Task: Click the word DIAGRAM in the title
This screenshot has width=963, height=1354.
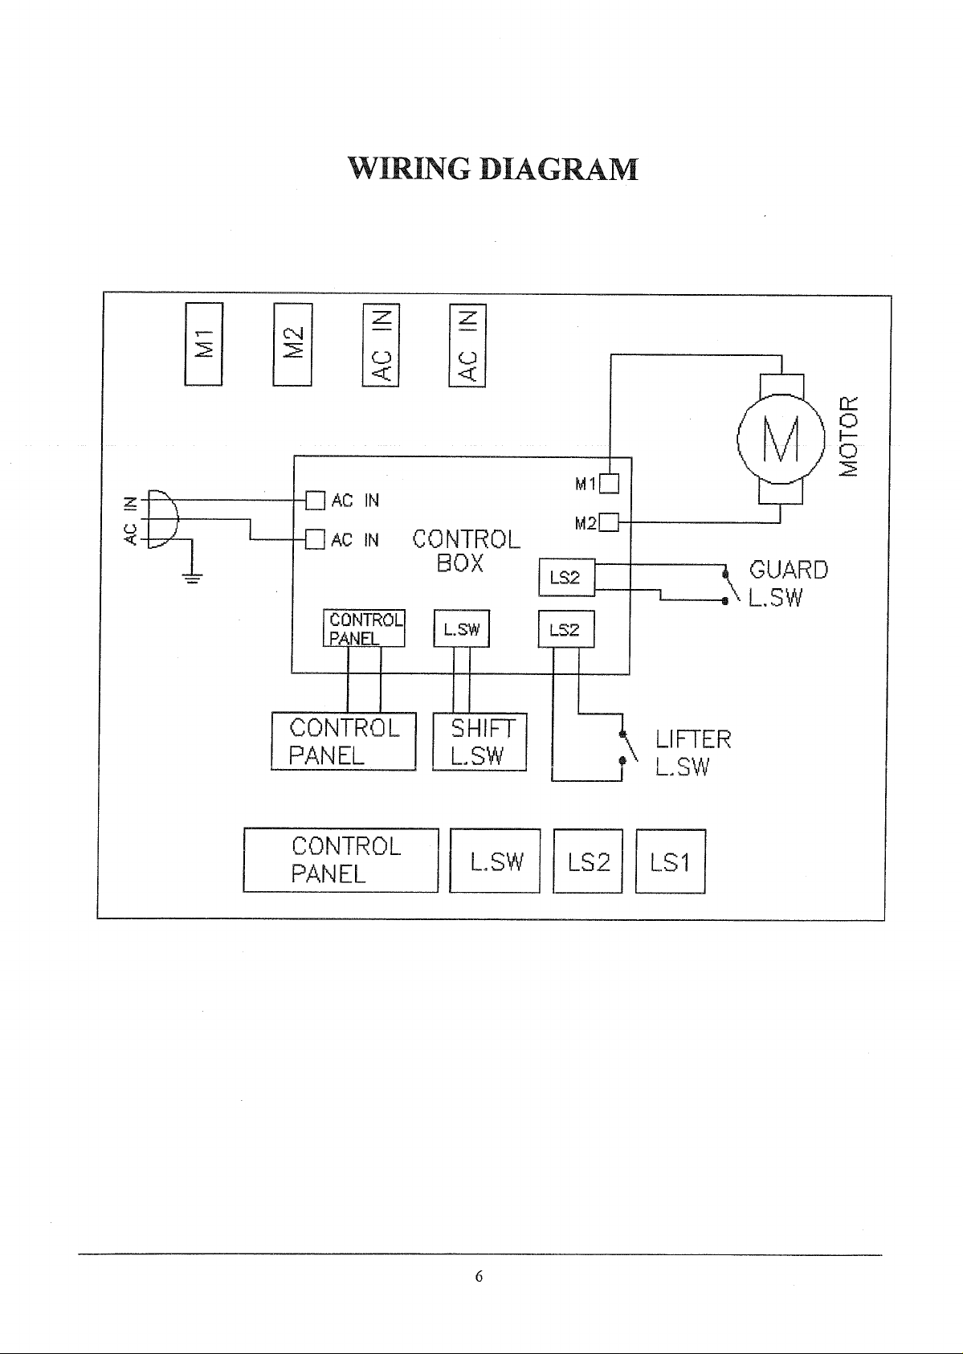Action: (559, 169)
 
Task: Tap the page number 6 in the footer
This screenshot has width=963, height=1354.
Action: (479, 1276)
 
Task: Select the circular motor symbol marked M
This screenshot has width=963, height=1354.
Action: (781, 439)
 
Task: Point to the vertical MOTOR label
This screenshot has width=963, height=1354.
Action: (849, 436)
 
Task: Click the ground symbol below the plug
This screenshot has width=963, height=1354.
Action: (192, 577)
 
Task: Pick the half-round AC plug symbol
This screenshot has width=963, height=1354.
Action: (162, 518)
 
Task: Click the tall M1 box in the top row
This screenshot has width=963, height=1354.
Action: (203, 344)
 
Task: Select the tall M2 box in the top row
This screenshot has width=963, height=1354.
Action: (292, 345)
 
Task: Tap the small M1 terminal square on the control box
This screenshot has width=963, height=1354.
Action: (609, 484)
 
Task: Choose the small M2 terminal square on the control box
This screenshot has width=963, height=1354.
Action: (608, 522)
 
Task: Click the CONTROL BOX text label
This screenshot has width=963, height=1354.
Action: (466, 550)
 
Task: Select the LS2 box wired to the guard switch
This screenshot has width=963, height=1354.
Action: (567, 577)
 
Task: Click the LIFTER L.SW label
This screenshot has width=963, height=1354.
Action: (694, 752)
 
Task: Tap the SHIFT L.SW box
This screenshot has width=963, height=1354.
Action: (479, 742)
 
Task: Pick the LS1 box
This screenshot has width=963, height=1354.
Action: (671, 861)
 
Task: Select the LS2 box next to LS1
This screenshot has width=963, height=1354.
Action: (588, 861)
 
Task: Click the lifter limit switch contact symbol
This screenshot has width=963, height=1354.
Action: (628, 747)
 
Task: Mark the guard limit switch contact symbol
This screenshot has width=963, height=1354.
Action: (731, 585)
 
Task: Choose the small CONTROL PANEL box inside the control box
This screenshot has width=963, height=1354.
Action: (364, 628)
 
